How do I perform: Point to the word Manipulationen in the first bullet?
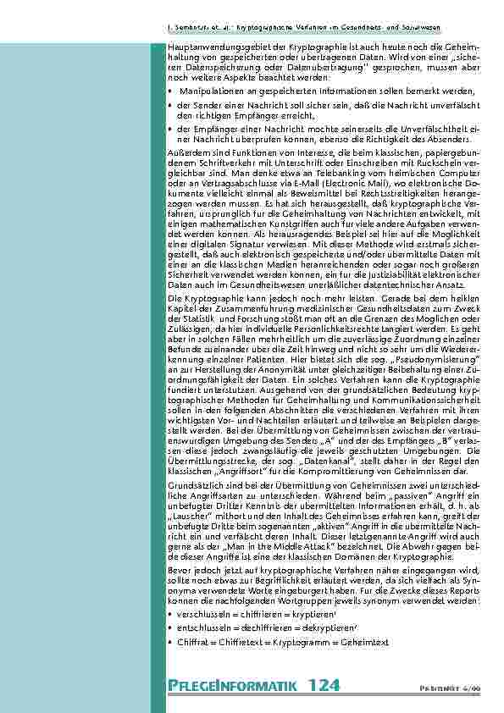211,90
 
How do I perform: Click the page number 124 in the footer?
325,685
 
